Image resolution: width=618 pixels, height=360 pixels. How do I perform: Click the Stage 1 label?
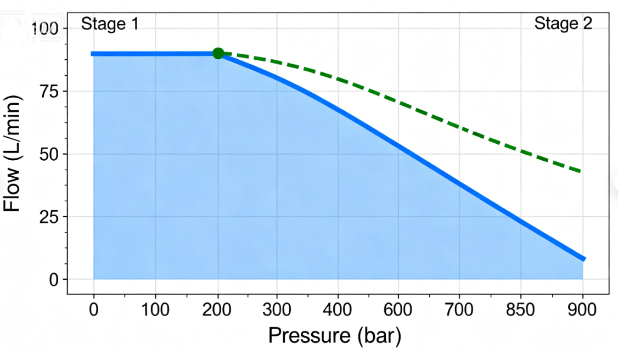coord(110,24)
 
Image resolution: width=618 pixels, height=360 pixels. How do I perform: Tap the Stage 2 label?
coord(563,24)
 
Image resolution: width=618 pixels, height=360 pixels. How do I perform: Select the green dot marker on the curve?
coord(218,53)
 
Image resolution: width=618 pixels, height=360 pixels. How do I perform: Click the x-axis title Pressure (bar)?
coord(334,335)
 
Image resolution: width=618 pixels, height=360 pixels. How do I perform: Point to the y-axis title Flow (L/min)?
coord(13,154)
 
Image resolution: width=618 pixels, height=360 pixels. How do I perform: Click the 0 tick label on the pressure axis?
coord(93,310)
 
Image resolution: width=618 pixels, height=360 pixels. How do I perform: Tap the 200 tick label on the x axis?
coord(218,310)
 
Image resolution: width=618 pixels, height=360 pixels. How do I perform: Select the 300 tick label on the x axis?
coord(277,310)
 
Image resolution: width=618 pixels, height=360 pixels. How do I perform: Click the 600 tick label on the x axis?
coord(398,310)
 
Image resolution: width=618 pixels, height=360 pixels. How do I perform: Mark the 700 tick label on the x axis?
coord(459,310)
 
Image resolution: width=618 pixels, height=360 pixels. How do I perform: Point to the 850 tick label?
coord(520,310)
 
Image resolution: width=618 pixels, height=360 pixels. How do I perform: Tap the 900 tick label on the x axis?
coord(582,310)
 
